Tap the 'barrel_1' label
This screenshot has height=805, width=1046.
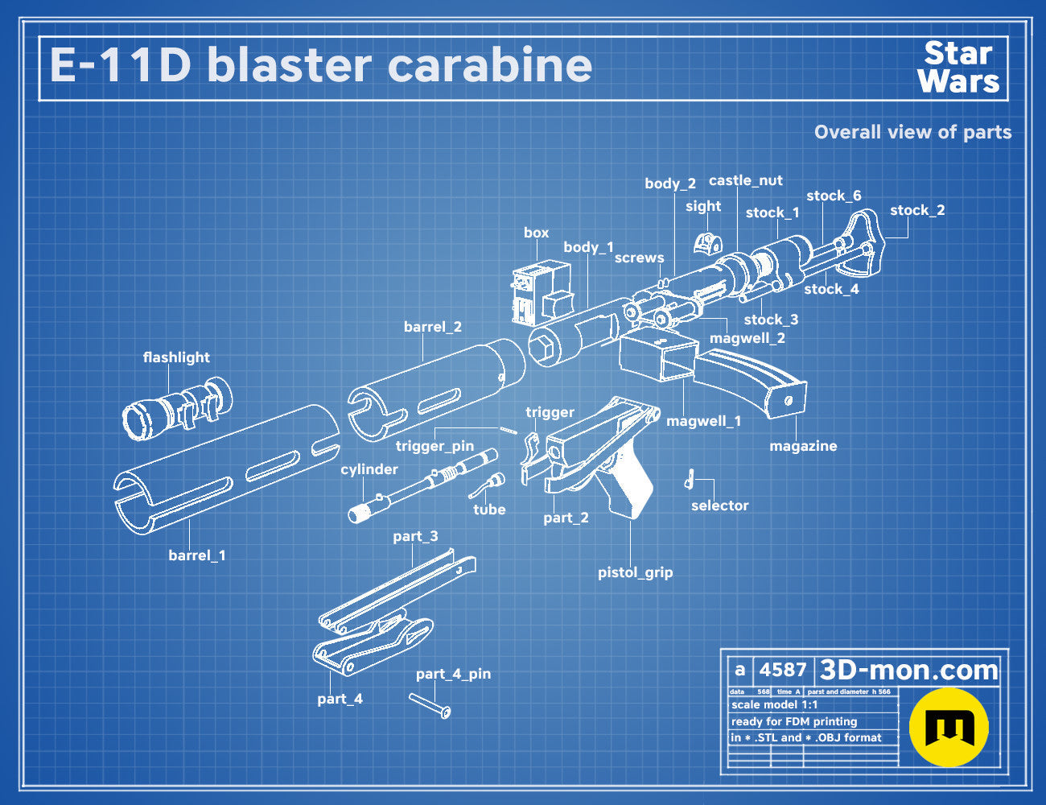[x=197, y=555]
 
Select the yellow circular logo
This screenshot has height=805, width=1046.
[x=949, y=727]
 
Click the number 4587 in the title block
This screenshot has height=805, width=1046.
[x=783, y=670]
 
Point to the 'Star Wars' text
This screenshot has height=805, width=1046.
[x=958, y=68]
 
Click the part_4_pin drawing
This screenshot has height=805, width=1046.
[x=430, y=706]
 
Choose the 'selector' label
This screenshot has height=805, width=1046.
[x=719, y=506]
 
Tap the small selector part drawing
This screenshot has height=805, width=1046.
[x=690, y=478]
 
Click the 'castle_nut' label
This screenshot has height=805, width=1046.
[x=746, y=180]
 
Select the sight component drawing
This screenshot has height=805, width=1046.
[x=707, y=243]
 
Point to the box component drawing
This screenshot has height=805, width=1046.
[x=541, y=292]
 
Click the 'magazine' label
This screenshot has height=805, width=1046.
[x=803, y=446]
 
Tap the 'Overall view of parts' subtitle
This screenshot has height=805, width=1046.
[x=912, y=132]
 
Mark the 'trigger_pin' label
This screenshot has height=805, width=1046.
[x=434, y=446]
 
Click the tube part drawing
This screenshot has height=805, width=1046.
[x=487, y=485]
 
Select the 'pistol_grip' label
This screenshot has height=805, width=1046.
[x=635, y=572]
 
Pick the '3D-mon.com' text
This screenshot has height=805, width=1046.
[x=908, y=670]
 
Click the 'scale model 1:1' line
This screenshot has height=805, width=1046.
[x=775, y=705]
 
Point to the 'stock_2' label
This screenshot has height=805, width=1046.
[x=917, y=210]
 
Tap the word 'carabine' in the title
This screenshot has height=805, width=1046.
[x=489, y=65]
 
